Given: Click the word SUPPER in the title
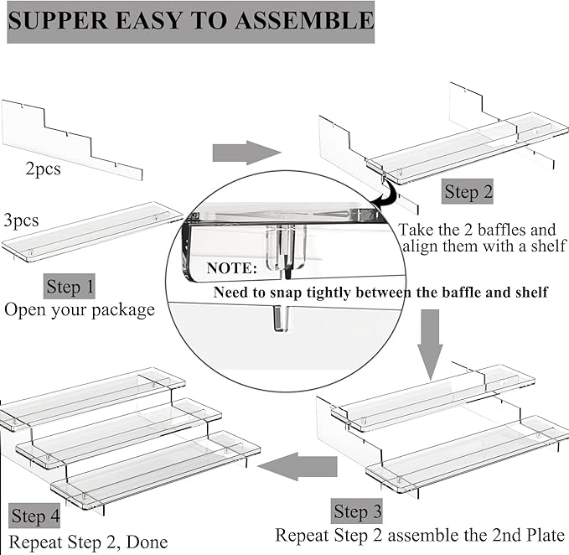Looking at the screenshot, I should (x=59, y=21).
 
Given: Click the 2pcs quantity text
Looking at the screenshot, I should (x=43, y=169).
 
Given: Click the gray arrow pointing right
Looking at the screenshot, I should (x=245, y=153).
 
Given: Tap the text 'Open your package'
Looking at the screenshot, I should (x=80, y=309).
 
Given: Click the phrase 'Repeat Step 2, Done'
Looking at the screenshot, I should (x=89, y=542).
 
